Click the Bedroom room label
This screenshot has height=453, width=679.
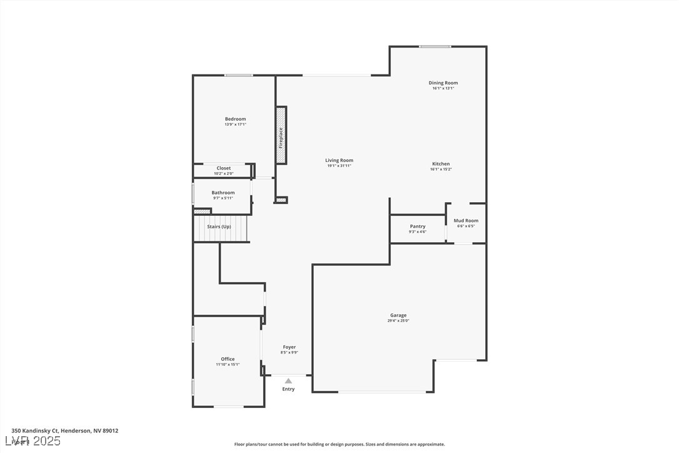pos(235,119)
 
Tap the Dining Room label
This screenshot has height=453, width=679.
pos(443,83)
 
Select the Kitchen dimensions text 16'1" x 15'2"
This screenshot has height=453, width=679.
pos(440,170)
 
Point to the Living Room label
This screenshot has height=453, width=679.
pos(339,160)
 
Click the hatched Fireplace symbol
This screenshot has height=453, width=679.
pos(281,136)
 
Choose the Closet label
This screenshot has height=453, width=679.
pos(223,168)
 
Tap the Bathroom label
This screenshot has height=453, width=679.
pos(223,193)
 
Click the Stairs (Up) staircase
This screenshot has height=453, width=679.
pos(219,228)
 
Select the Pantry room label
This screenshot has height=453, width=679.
pos(418,227)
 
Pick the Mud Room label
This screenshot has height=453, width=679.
pos(466,220)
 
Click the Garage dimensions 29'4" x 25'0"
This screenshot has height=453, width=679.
pos(398,321)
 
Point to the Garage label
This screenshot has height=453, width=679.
pos(398,315)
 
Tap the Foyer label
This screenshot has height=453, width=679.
pos(289,347)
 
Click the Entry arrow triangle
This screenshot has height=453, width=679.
pos(288,380)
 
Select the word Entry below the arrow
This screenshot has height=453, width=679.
pos(288,389)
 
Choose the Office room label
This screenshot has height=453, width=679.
pos(228,359)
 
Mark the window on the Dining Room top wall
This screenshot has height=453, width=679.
pos(435,46)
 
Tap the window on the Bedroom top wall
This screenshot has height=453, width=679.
pos(239,76)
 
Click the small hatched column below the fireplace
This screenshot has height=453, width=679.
pos(281,200)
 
